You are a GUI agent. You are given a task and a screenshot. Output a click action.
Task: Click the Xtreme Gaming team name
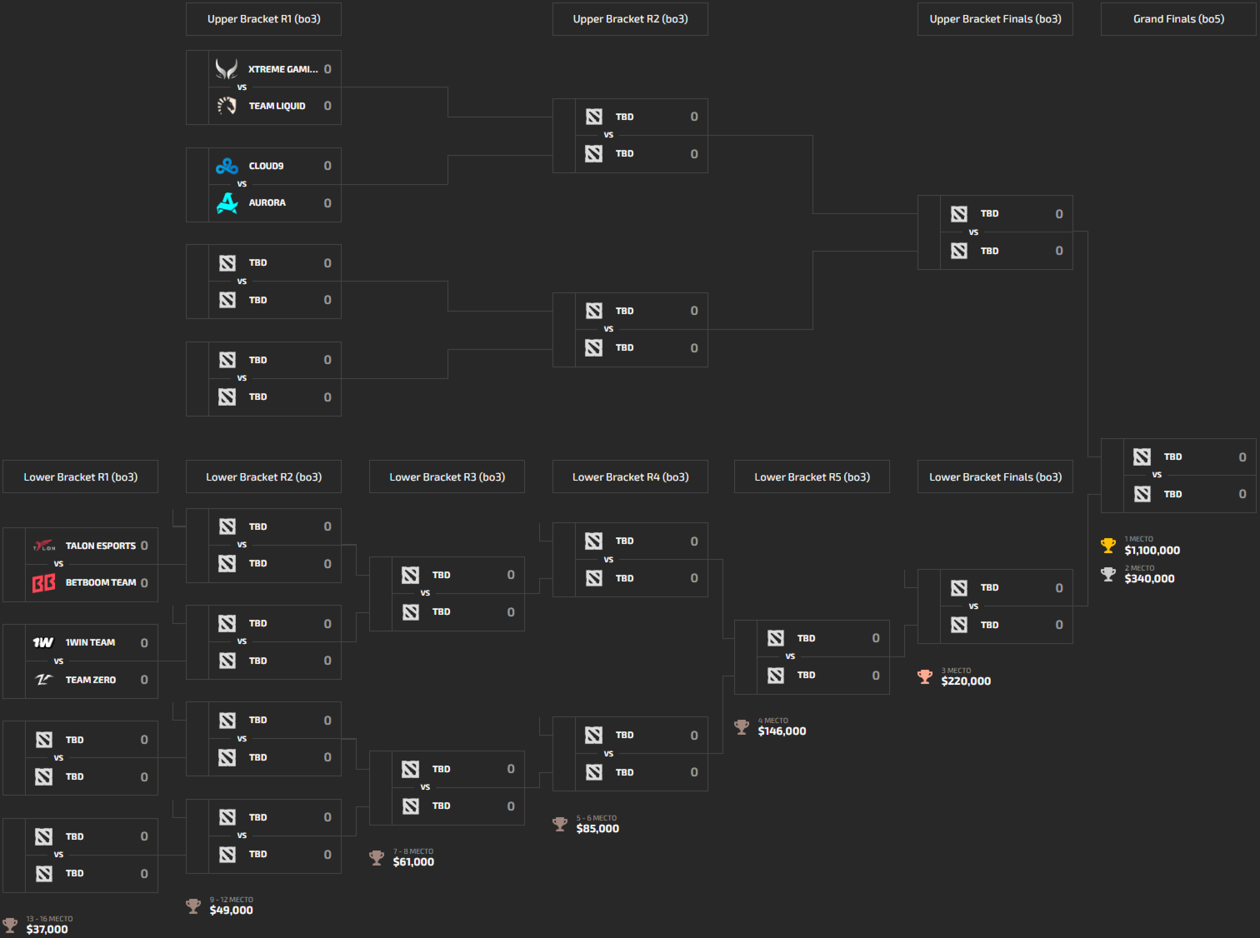[x=282, y=69]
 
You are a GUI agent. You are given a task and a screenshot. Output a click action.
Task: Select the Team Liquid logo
[x=227, y=106]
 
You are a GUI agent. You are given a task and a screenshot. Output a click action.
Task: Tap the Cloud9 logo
[x=227, y=166]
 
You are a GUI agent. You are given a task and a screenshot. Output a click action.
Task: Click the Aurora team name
[x=267, y=203]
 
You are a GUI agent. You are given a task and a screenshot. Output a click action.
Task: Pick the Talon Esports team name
[x=100, y=546]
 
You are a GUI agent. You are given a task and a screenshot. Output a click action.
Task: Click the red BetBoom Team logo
[x=44, y=583]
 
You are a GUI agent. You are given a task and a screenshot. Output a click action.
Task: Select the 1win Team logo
[x=43, y=642]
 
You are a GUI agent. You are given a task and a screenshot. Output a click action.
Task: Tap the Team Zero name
[x=90, y=680]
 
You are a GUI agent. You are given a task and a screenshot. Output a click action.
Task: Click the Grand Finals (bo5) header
[x=1178, y=19]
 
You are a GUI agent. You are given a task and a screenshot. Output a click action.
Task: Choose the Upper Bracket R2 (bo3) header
[x=630, y=19]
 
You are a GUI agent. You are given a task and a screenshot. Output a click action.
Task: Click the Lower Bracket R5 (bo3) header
[x=812, y=477]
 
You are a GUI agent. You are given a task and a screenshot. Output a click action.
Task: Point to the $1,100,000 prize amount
[x=1152, y=550]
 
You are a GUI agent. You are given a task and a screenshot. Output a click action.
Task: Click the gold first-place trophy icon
[x=1108, y=546]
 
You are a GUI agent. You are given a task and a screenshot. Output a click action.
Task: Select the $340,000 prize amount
[x=1149, y=579]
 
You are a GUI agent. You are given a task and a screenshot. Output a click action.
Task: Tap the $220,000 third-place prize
[x=966, y=681]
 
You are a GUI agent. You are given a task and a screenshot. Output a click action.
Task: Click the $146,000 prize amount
[x=782, y=731]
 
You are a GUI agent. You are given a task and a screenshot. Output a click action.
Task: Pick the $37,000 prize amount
[x=47, y=929]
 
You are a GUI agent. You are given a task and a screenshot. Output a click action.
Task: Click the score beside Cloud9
[x=327, y=166]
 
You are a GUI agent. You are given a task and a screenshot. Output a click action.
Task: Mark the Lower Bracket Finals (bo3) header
[x=995, y=477]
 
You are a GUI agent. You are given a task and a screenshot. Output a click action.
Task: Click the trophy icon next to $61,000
[x=377, y=857]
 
